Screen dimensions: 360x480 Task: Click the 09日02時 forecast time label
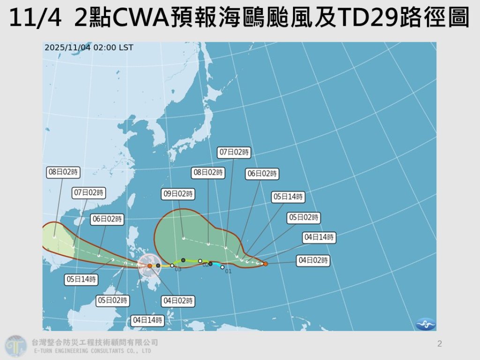pyautogui.click(x=178, y=194)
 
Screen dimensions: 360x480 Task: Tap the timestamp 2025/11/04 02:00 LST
pyautogui.click(x=89, y=47)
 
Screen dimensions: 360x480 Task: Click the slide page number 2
pyautogui.click(x=439, y=344)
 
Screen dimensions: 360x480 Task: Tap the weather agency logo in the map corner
pyautogui.click(x=426, y=323)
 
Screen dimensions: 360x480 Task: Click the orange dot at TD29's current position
pyautogui.click(x=265, y=264)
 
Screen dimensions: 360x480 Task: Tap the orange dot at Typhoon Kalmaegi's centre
pyautogui.click(x=150, y=266)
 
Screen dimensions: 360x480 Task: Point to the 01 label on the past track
pyautogui.click(x=229, y=271)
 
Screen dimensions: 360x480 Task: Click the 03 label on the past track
pyautogui.click(x=178, y=270)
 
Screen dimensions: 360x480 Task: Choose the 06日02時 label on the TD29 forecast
pyautogui.click(x=262, y=173)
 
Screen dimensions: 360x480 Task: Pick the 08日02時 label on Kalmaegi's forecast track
pyautogui.click(x=63, y=172)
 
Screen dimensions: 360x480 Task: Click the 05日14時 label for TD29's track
pyautogui.click(x=288, y=197)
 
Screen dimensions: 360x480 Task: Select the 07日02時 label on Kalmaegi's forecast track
pyautogui.click(x=89, y=193)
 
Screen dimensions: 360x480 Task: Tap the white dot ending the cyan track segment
pyautogui.click(x=222, y=267)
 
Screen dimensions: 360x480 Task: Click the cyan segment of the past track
pyautogui.click(x=217, y=266)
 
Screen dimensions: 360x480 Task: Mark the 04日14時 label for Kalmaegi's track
pyautogui.click(x=148, y=321)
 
